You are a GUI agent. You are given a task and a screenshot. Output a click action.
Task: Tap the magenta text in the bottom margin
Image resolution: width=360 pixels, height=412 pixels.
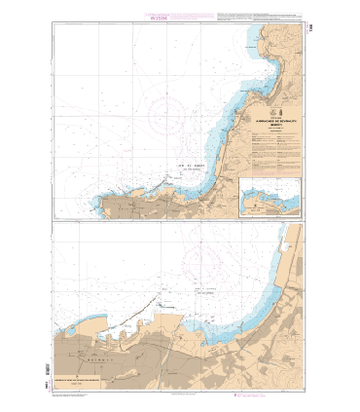[x=180, y=397]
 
